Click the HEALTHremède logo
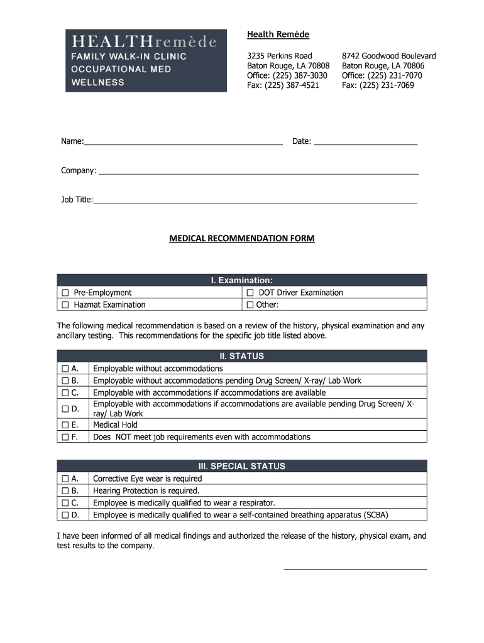[146, 60]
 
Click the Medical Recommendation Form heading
[241, 239]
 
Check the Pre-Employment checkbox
[65, 293]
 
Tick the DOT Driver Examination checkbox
[250, 293]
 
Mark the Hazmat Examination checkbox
[65, 305]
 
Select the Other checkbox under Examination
[250, 305]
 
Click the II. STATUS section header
[241, 356]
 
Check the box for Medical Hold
[65, 425]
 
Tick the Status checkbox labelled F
[65, 437]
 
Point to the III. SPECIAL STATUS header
[241, 466]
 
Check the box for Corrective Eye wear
[65, 478]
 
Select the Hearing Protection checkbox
[65, 491]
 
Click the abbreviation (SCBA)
[375, 516]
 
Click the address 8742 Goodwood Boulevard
[388, 56]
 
